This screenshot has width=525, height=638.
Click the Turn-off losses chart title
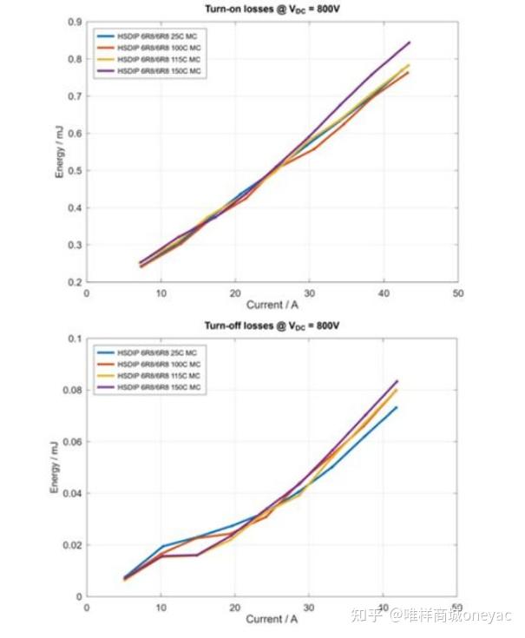coord(272,326)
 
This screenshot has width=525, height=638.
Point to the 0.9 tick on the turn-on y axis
coord(75,22)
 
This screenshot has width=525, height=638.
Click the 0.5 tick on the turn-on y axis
coord(75,171)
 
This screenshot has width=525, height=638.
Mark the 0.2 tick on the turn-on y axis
coord(75,283)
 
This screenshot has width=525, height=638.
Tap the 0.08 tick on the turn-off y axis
coord(71,390)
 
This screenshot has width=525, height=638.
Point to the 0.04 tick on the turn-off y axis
coord(71,494)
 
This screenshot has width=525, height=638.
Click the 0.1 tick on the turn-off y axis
coord(75,339)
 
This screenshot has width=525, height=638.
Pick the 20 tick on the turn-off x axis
coord(234,608)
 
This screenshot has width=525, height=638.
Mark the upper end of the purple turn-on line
coord(409,42)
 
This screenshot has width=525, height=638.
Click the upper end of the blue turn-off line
coord(396,407)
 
